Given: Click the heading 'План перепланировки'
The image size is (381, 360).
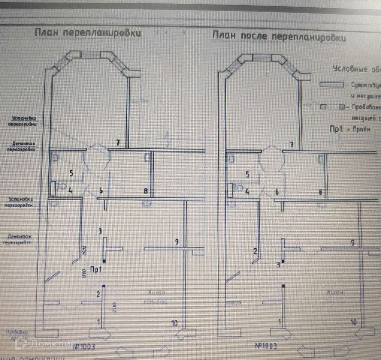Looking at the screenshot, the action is tap(88, 33).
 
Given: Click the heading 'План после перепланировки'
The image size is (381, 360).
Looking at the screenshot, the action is tap(279, 37).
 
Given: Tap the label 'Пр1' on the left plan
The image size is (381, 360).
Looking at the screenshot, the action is tap(96, 268).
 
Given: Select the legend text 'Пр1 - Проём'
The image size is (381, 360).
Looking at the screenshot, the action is tap(349, 129).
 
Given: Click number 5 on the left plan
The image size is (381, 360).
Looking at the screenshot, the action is tap(71, 173).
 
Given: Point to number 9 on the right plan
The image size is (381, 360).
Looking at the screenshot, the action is tap(352, 243).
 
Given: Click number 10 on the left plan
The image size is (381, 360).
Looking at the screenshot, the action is tap(174, 322).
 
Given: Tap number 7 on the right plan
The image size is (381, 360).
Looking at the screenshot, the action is tap(291, 144).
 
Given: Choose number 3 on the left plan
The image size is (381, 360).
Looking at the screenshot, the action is tap(100, 231).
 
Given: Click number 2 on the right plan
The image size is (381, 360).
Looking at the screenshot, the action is tap(255, 251).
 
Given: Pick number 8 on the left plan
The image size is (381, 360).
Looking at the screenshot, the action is tap(146, 191).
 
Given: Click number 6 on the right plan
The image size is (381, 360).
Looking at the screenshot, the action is tap(277, 192).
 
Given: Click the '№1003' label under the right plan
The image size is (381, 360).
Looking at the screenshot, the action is tap(266, 346).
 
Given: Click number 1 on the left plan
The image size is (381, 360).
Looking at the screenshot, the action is tap(99, 322).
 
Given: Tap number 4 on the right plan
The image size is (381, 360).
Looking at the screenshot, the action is tap(247, 191).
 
